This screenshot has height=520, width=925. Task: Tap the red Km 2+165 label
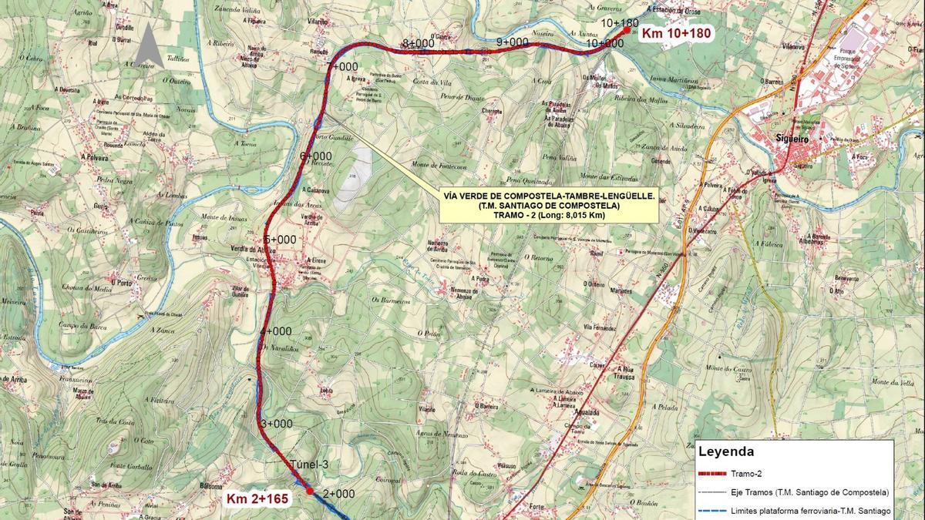pyautogui.click(x=257, y=499)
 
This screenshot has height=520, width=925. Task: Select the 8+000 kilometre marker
pyautogui.click(x=418, y=42)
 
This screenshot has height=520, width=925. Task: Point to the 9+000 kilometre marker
pyautogui.click(x=512, y=42)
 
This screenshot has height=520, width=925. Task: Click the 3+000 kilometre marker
pyautogui.click(x=277, y=424)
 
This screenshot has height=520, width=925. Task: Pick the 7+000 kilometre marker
pyautogui.click(x=342, y=67)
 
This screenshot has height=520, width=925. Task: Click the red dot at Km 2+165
pyautogui.click(x=309, y=490)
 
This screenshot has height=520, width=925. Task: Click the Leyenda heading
pyautogui.click(x=725, y=452)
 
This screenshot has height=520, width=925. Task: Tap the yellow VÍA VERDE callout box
pyautogui.click(x=549, y=206)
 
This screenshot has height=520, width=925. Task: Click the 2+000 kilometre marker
pyautogui.click(x=338, y=494)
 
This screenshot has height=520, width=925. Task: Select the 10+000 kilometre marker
pyautogui.click(x=604, y=44)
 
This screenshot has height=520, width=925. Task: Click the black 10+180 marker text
pyautogui.click(x=619, y=23)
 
